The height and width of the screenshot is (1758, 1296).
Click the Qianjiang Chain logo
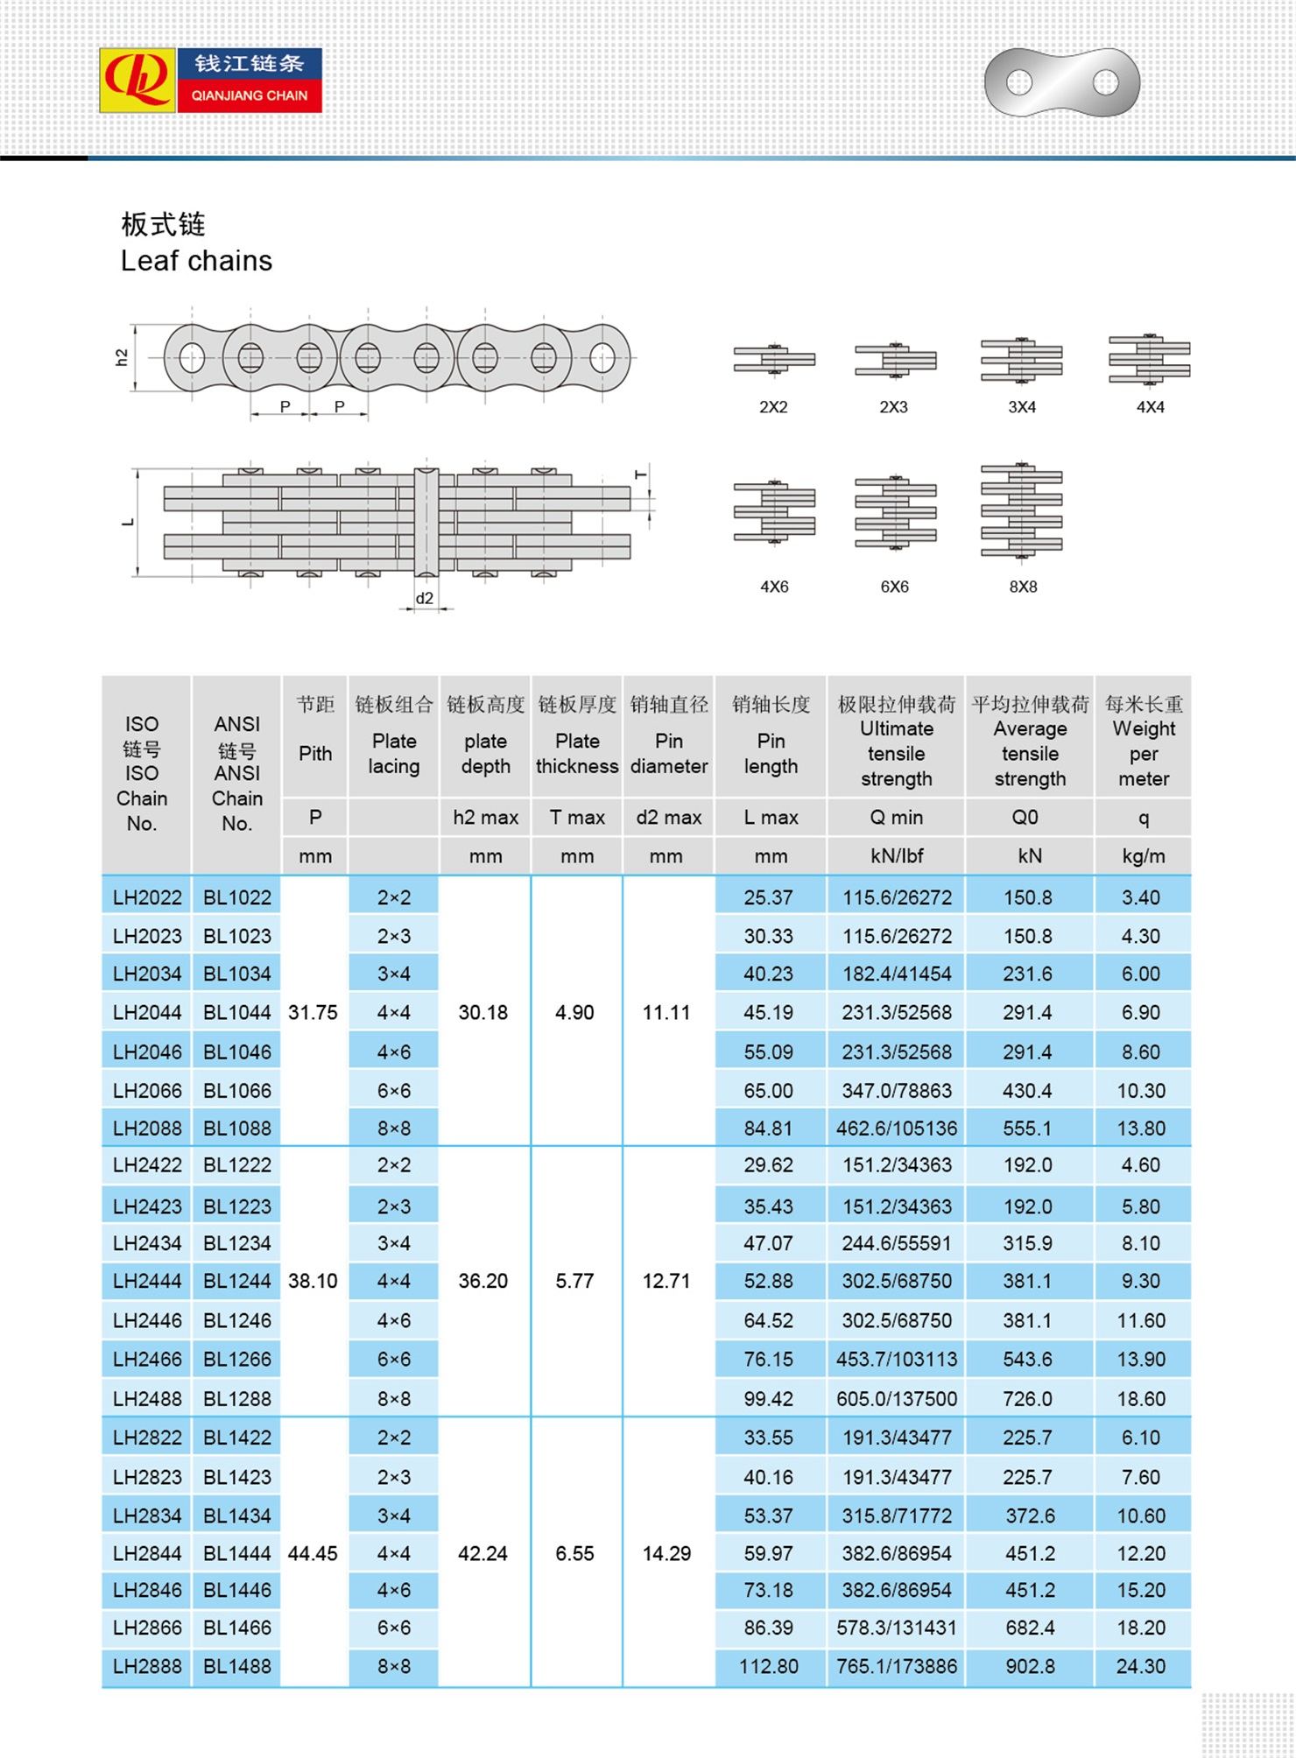210,80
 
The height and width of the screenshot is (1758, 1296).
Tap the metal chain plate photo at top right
1061,82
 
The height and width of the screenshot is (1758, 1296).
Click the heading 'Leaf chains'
196,261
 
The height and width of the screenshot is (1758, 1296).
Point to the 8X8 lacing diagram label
1022,587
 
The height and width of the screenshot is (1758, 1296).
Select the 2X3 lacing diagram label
893,407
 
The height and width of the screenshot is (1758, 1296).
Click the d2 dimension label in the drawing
425,599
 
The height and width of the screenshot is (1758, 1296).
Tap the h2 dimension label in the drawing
122,357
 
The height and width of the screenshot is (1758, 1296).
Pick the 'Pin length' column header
771,753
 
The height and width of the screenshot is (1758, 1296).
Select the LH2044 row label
147,1013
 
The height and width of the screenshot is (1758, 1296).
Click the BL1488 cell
237,1667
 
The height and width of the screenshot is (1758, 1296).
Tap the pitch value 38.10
313,1282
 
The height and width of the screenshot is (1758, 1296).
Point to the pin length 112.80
769,1667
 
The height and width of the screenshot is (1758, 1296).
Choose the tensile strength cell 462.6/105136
897,1129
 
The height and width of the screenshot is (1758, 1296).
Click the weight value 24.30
1141,1667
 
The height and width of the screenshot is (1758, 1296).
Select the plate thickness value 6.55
574,1554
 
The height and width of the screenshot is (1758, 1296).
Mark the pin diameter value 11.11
666,1013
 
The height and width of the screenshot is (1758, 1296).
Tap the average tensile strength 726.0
1028,1399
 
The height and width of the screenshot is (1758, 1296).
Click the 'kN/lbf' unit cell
897,856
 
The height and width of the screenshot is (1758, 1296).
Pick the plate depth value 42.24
483,1554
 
